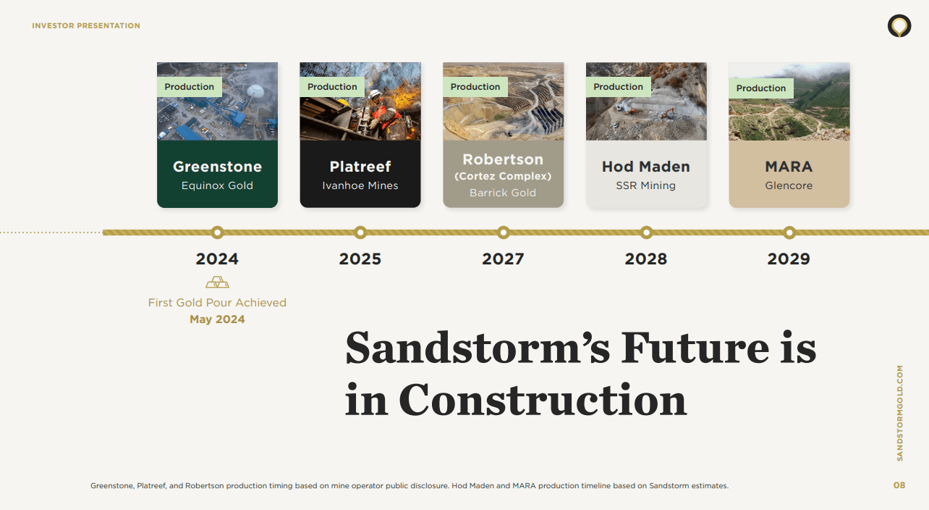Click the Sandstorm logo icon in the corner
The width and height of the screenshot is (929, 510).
[x=899, y=26]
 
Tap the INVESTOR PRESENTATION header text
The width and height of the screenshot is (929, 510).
[x=86, y=26]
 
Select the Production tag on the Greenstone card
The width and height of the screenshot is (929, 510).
[x=190, y=87]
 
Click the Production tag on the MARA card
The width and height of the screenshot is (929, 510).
[x=760, y=88]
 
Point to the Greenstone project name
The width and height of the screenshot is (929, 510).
[x=217, y=167]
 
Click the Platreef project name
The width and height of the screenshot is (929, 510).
[x=360, y=167]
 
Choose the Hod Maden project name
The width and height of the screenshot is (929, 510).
[x=646, y=167]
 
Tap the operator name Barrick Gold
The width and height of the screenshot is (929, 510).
[x=503, y=193]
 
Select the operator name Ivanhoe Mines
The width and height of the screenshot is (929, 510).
[x=360, y=185]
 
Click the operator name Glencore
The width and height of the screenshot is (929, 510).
[x=789, y=185]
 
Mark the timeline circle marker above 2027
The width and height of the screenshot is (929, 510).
[x=504, y=233]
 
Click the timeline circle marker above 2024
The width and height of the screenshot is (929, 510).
[x=217, y=233]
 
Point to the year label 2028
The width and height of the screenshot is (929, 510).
[x=646, y=259]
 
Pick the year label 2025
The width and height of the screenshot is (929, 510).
[x=360, y=259]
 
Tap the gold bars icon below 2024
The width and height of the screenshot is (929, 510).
[x=217, y=283]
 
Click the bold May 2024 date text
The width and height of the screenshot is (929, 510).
[x=217, y=319]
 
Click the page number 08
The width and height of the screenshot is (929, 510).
[x=899, y=485]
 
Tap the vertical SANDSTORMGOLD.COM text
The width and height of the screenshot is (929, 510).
[x=900, y=413]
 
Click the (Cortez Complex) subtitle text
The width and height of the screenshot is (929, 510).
[x=503, y=176]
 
